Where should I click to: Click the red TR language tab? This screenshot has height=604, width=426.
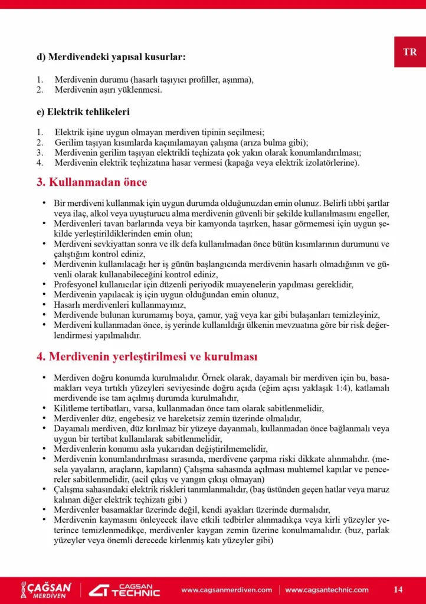[410, 52]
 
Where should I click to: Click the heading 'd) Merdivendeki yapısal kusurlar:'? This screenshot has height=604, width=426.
[111, 57]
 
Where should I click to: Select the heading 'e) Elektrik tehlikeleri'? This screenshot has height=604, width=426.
[83, 111]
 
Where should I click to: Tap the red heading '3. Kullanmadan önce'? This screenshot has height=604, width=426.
[92, 182]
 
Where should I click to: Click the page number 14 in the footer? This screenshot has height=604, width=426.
[398, 589]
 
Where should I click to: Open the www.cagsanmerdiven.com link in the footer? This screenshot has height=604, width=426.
[227, 590]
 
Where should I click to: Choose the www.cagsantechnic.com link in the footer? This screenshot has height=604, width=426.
[327, 590]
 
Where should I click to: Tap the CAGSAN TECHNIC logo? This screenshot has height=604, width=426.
[124, 589]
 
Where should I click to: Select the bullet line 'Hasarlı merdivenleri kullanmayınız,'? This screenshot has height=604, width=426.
[120, 304]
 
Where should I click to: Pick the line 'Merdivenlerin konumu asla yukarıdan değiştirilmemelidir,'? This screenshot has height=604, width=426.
[160, 448]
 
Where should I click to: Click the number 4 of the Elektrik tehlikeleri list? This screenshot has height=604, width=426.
[40, 163]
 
